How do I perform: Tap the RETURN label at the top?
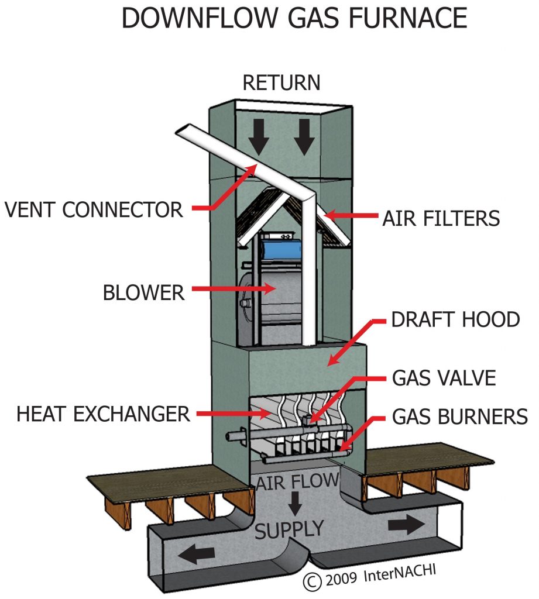(x=281, y=82)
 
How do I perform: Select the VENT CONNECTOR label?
(x=94, y=209)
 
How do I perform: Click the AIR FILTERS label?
(x=441, y=218)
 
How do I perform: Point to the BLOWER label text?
(x=144, y=291)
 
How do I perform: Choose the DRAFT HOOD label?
(x=455, y=320)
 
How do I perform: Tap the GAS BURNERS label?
(x=460, y=416)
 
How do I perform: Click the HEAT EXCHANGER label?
(x=103, y=414)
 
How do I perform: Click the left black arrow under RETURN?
(x=258, y=138)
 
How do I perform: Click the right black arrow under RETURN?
(x=304, y=138)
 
